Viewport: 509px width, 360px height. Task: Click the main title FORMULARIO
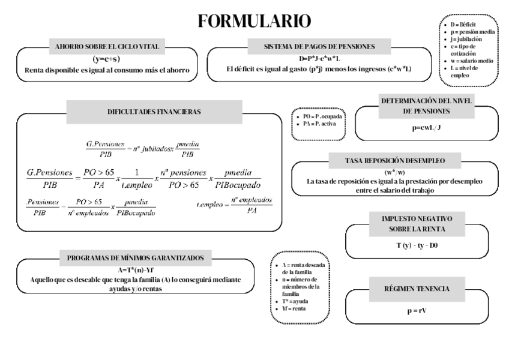[254, 22]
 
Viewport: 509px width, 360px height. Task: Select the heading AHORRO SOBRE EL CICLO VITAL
[106, 46]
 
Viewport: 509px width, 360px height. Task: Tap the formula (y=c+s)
[106, 59]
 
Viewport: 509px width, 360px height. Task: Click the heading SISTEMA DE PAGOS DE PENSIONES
[319, 46]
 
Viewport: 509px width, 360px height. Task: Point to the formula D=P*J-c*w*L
[319, 59]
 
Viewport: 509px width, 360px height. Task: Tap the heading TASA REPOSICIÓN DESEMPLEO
[394, 161]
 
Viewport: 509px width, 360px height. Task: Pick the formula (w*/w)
[395, 173]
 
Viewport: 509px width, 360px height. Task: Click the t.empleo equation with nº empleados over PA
[234, 205]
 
